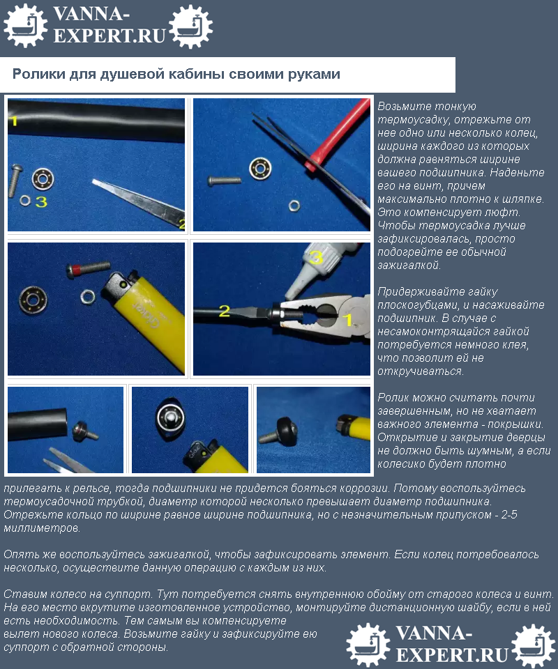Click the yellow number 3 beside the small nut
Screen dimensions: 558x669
click(x=41, y=201)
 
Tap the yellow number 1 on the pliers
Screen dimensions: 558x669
click(x=348, y=320)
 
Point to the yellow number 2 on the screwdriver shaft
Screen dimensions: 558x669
click(x=224, y=311)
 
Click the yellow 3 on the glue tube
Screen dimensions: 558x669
click(x=315, y=258)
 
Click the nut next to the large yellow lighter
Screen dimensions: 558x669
click(x=88, y=296)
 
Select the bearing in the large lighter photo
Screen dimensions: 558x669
click(x=33, y=299)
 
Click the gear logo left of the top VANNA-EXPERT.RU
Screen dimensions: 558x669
click(x=25, y=25)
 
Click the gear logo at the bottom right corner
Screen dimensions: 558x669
click(x=533, y=645)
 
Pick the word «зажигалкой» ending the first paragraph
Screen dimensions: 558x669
click(x=408, y=266)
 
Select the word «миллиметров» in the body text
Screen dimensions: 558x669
click(x=41, y=528)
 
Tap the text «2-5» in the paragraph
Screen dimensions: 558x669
click(x=509, y=514)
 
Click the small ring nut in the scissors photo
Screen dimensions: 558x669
click(x=294, y=206)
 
